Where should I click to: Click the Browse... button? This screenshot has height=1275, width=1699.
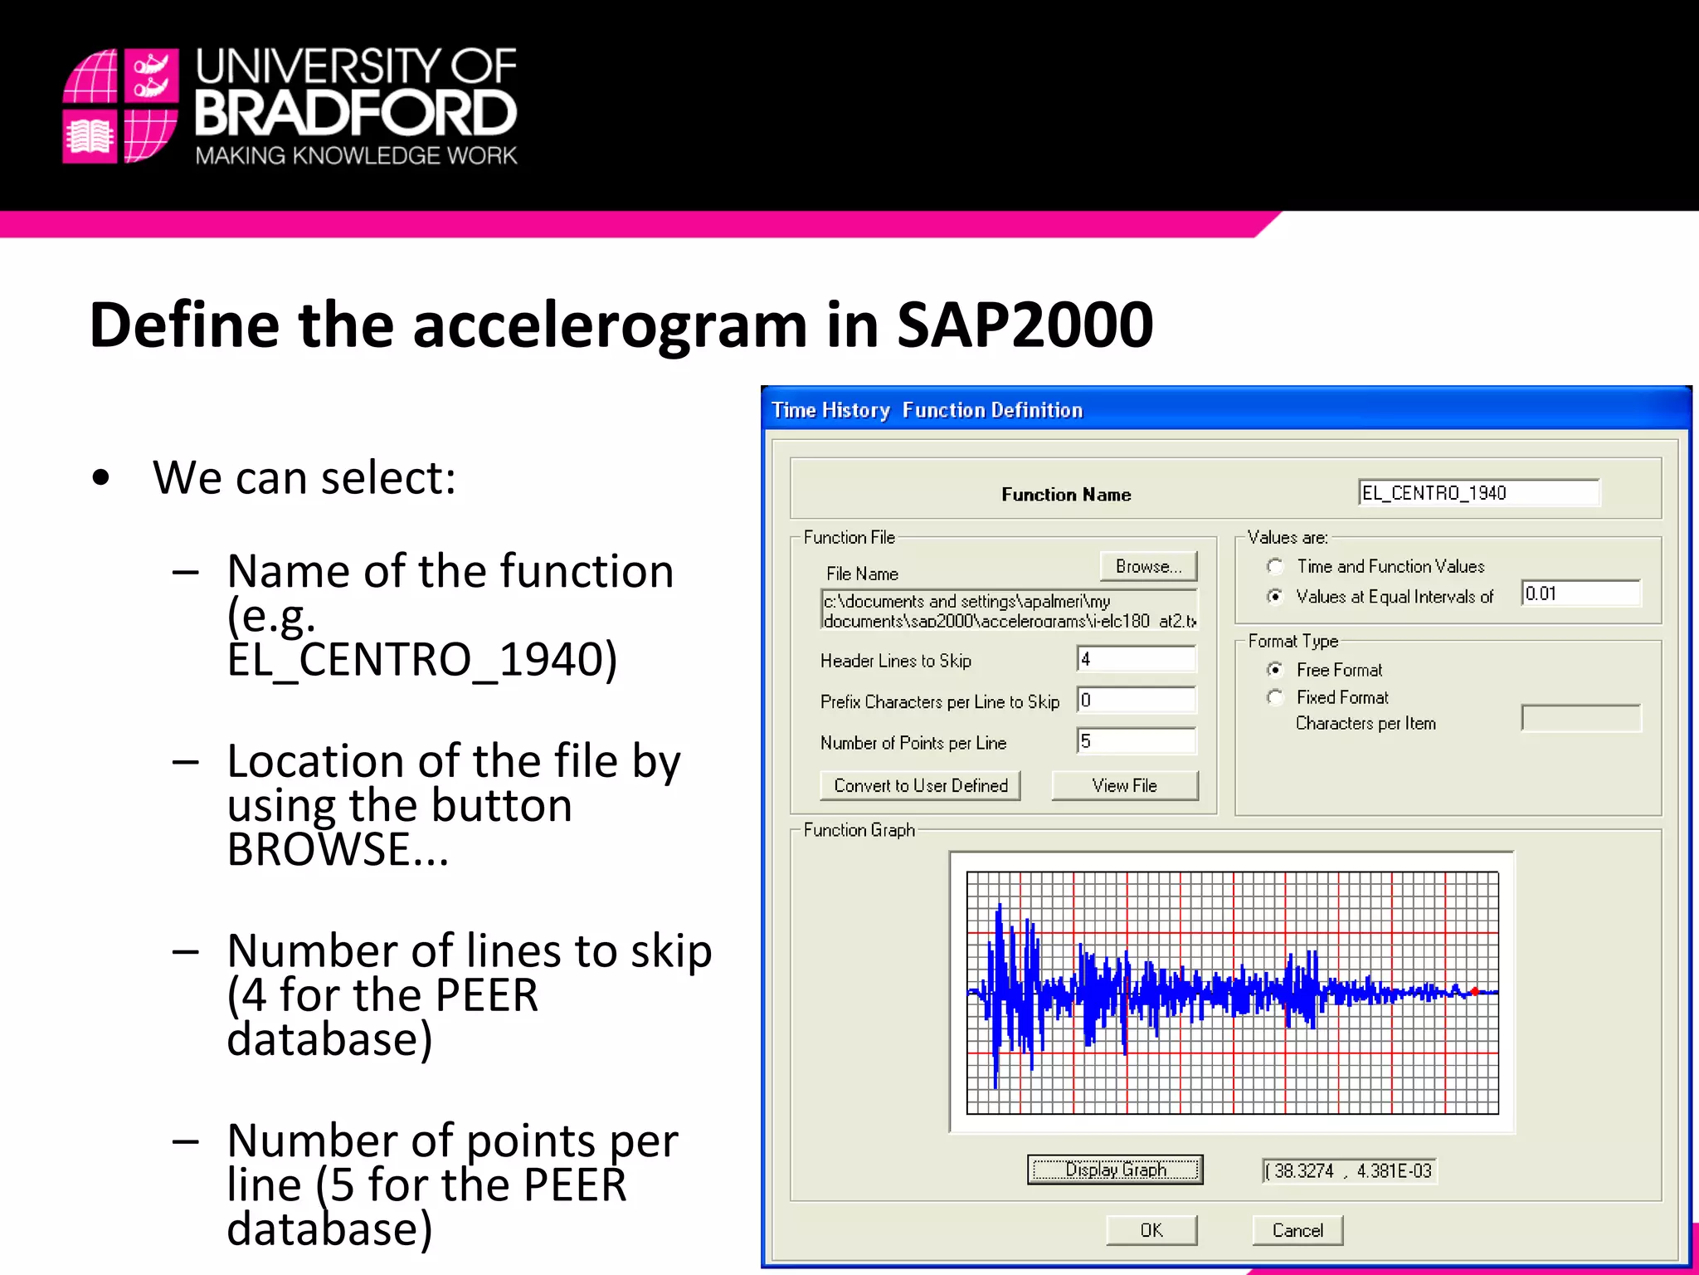(x=1148, y=566)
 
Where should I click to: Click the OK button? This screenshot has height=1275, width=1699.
(x=1151, y=1230)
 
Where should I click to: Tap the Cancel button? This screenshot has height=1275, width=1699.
(x=1297, y=1230)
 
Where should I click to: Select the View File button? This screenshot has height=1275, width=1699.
(x=1124, y=785)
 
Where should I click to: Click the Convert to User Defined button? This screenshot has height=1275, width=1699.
(x=920, y=785)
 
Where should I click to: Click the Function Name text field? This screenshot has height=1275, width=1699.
(x=1478, y=493)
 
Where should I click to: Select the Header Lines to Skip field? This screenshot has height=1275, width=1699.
(x=1136, y=659)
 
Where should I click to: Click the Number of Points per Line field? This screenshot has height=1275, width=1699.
(x=1136, y=741)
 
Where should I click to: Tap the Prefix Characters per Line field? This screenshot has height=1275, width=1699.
(x=1136, y=700)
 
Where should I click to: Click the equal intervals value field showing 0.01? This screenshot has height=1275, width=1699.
(x=1580, y=594)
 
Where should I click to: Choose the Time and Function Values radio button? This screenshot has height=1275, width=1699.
(x=1275, y=566)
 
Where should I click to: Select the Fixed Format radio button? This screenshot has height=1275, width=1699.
(x=1275, y=697)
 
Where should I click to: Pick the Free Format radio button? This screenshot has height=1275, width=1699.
(x=1275, y=669)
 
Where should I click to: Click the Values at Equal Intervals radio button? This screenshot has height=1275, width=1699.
(x=1275, y=596)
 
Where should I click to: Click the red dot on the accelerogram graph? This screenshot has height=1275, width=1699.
(x=1475, y=991)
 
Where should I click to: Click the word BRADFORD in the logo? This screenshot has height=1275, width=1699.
(x=356, y=114)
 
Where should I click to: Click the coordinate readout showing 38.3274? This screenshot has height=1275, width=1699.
(x=1349, y=1170)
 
